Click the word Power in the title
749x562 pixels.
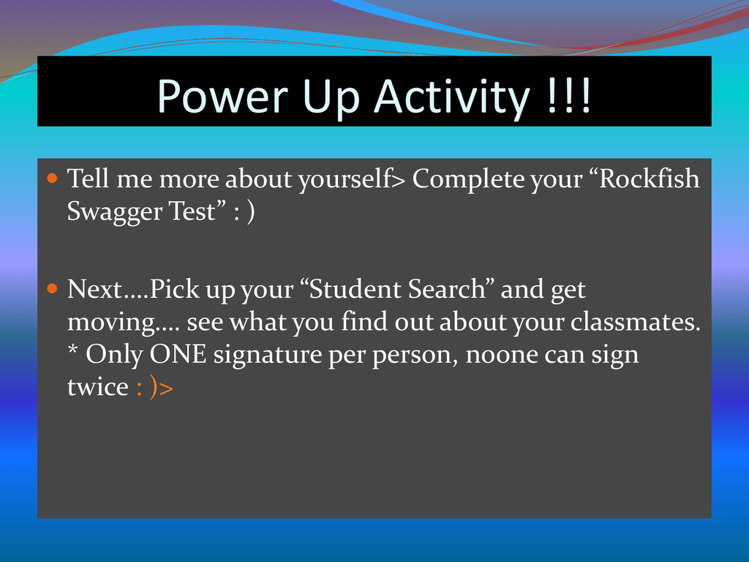pos(222,96)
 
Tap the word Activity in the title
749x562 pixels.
pos(452,99)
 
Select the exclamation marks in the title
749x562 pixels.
pos(569,96)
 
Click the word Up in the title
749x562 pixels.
pos(331,99)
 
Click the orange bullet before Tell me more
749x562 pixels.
pos(52,179)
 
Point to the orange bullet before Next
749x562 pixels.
pos(52,289)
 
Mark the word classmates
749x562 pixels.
pos(635,322)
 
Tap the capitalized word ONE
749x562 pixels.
pos(178,355)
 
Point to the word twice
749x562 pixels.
pos(98,387)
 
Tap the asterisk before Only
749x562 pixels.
pos(72,351)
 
